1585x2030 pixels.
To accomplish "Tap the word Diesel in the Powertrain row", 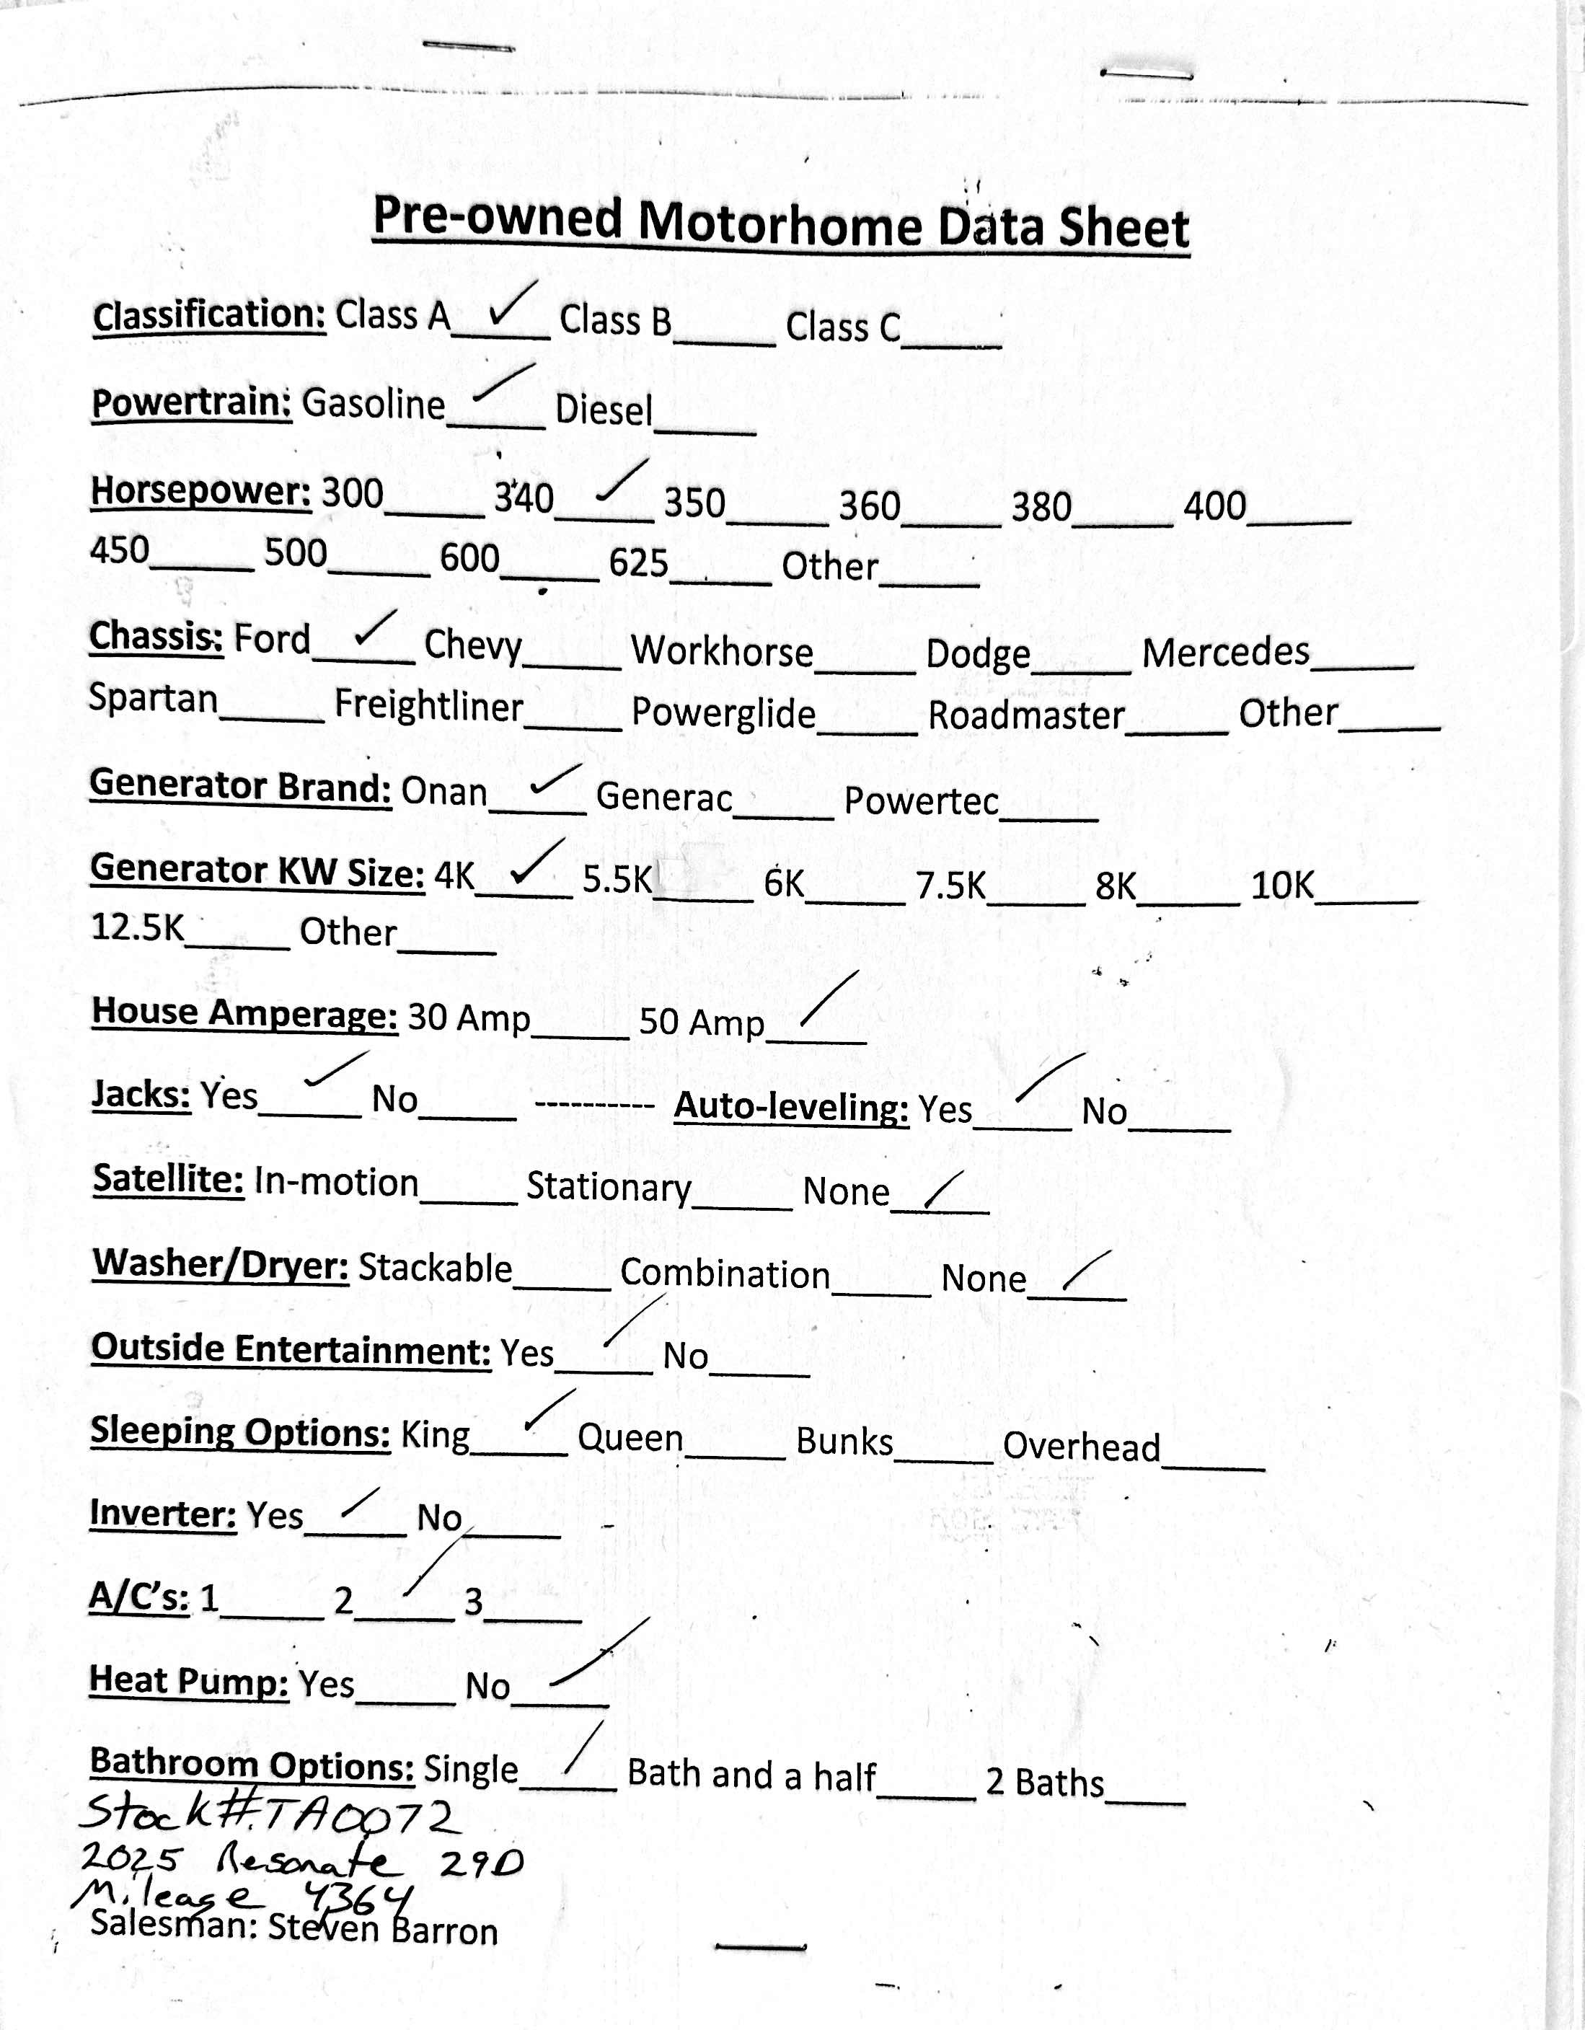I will pos(604,410).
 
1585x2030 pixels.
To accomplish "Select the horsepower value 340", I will pos(524,498).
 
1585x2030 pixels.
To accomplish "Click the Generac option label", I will pos(663,797).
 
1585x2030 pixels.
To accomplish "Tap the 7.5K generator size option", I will pos(950,885).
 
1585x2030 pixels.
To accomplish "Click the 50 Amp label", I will pos(701,1023).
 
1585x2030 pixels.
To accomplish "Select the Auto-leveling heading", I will pos(791,1107).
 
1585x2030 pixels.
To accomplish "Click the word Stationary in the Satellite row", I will pos(609,1187).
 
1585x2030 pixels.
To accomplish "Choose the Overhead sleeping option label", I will pos(1081,1447).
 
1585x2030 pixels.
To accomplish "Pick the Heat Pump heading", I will pos(189,1680).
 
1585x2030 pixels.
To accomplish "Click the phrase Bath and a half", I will pos(751,1775).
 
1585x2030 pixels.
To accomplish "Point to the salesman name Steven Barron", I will pos(382,1930).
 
